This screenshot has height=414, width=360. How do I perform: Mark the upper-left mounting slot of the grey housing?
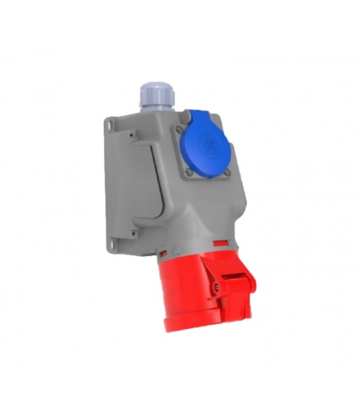tap(109, 124)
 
